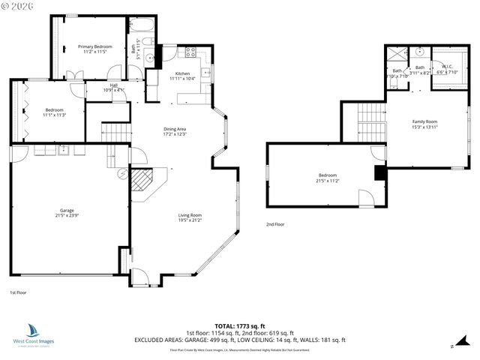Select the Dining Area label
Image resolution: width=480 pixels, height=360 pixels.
(x=175, y=131)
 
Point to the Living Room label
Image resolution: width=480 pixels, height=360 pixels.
(x=190, y=217)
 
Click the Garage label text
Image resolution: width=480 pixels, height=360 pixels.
(x=67, y=212)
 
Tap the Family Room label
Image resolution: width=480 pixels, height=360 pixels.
(x=424, y=124)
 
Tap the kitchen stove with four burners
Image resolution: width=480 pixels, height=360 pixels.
(x=190, y=53)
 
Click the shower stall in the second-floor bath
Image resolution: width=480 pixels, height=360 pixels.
(x=395, y=54)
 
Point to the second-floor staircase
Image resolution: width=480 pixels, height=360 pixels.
(x=370, y=116)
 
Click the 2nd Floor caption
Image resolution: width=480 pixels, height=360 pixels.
(x=275, y=224)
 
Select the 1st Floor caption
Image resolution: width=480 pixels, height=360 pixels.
(x=18, y=292)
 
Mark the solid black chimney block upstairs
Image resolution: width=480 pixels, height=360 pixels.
(x=379, y=173)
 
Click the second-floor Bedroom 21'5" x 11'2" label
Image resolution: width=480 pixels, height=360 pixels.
(x=326, y=178)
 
